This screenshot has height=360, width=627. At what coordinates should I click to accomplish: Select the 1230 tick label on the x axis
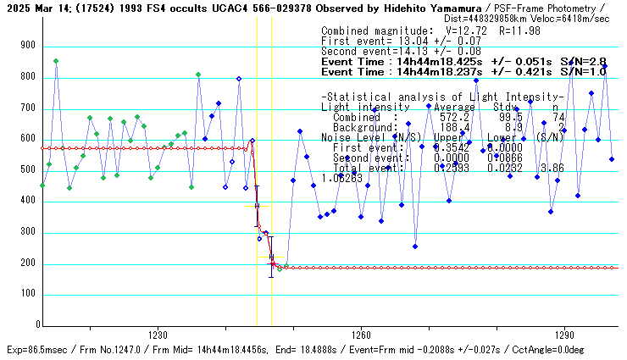click(157, 334)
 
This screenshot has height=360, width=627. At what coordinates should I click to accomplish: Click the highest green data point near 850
click(56, 61)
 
